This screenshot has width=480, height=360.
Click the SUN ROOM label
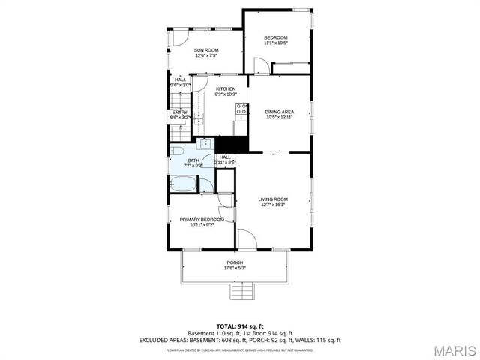click(x=205, y=52)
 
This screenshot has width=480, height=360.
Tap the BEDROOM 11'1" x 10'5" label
click(x=276, y=40)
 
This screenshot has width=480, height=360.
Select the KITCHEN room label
click(x=226, y=91)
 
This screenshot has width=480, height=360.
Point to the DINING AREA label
click(x=279, y=115)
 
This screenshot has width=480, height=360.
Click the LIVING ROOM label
click(x=273, y=202)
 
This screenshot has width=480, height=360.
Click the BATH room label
click(x=193, y=163)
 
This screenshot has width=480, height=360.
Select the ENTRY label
click(x=179, y=115)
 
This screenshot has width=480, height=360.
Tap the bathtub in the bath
click(x=183, y=184)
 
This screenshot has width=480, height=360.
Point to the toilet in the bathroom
click(x=175, y=150)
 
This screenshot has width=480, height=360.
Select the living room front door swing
click(x=247, y=239)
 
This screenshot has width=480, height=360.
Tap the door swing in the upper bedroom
click(x=261, y=66)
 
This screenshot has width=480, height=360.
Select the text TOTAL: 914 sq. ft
click(x=239, y=326)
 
